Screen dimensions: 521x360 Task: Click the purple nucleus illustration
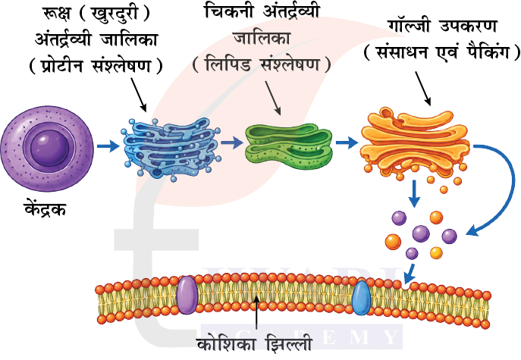click(x=47, y=149)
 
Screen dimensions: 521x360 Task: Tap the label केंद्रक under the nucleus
click(x=46, y=209)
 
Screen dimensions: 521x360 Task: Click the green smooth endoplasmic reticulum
click(x=288, y=146)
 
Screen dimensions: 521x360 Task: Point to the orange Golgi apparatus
click(x=416, y=142)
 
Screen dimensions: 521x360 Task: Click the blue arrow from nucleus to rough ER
click(x=108, y=146)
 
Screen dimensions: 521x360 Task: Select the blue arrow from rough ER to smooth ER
click(x=232, y=142)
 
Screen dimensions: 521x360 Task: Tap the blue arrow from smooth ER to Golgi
click(x=347, y=142)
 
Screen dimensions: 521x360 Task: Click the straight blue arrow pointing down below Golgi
click(x=414, y=193)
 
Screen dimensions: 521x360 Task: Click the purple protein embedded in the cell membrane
click(x=187, y=296)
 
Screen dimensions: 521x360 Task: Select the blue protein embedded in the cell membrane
click(x=361, y=298)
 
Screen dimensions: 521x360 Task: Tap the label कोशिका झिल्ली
click(x=255, y=345)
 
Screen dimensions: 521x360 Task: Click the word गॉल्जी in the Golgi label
click(x=411, y=26)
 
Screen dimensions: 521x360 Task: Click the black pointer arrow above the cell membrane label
click(x=256, y=315)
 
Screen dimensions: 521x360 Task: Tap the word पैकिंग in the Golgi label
click(x=488, y=52)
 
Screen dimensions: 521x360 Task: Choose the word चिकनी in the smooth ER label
click(x=231, y=11)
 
